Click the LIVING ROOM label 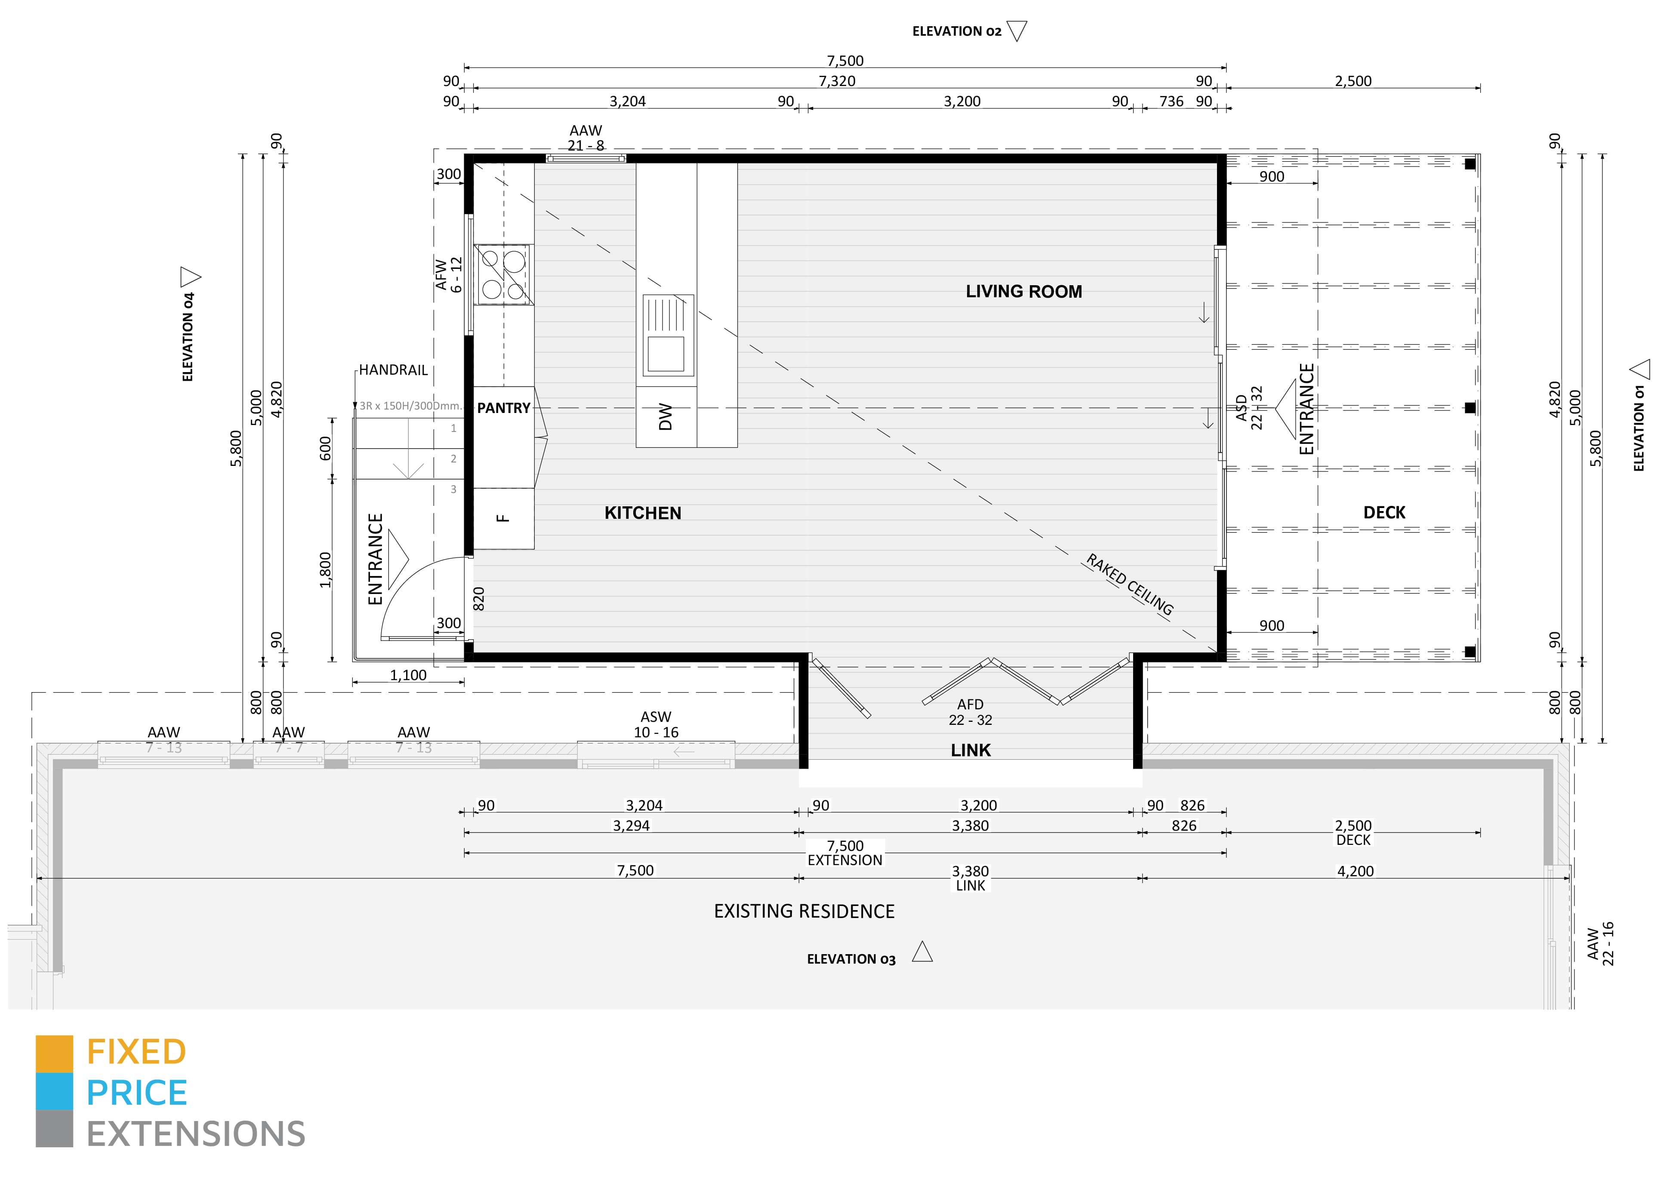[1023, 292]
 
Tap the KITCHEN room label [642, 513]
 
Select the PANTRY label [504, 408]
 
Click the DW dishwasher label [665, 417]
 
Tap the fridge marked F [503, 518]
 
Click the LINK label [970, 750]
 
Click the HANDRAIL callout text [393, 370]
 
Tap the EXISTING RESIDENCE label [804, 912]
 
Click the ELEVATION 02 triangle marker [1017, 31]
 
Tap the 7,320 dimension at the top [837, 81]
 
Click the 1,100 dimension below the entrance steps [408, 675]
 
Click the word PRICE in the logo [136, 1093]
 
